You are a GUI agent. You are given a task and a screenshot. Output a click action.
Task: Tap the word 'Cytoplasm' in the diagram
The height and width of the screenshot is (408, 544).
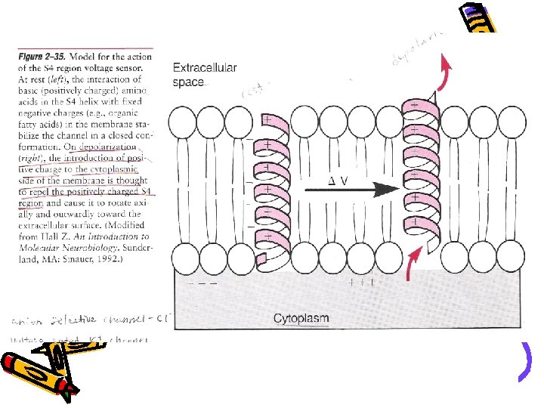click(301, 318)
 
